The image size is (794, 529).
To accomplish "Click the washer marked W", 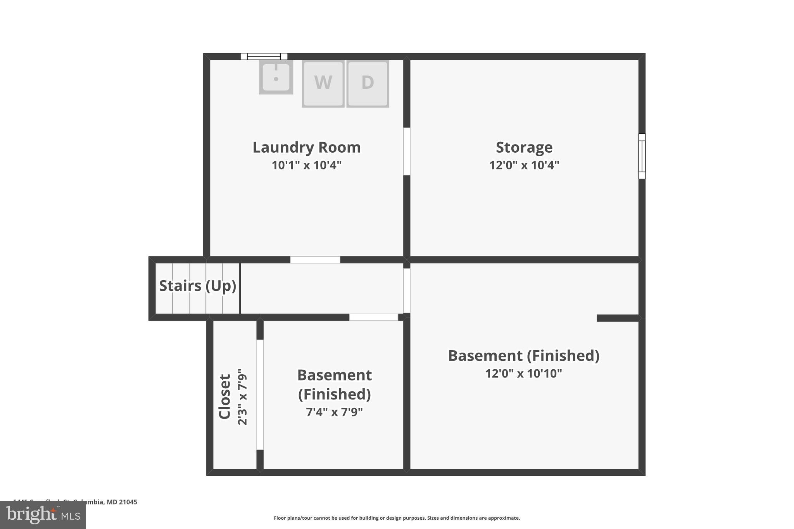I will point(323,83).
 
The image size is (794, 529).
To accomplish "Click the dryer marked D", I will point(368,83).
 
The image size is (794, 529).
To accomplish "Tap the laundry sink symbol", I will point(276,77).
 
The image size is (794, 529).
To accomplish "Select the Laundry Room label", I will point(306,147).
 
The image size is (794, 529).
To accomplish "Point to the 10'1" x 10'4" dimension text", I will point(306,165).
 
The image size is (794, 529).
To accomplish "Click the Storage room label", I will point(524,147).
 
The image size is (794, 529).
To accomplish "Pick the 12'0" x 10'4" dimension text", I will point(524,165).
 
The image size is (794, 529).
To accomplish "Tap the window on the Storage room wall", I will point(642,156).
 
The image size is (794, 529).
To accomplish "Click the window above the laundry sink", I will point(264,57).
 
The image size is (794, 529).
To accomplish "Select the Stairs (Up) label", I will point(197,286).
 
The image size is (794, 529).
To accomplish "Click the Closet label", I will point(225,396).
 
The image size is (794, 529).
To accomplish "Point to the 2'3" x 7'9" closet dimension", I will point(242,396).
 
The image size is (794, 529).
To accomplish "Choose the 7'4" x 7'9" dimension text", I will point(334,412).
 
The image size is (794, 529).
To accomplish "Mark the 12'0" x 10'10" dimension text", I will point(523,374).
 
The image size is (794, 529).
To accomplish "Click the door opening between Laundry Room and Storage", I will point(407,151).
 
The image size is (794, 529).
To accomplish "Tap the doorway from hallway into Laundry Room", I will point(315,260).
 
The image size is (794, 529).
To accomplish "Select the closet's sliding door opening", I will point(260,395).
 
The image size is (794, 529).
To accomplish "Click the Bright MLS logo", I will point(43,515).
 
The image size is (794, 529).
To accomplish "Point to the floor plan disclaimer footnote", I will point(397,518).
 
